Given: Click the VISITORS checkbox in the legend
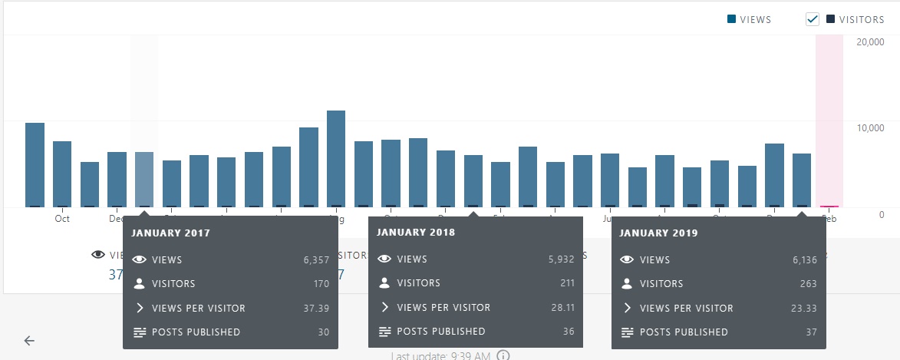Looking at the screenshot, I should pos(813,20).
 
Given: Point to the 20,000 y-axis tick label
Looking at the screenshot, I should pos(870,41).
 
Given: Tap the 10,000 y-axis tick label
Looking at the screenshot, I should pos(870,127).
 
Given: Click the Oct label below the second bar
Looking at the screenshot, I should pos(62,219).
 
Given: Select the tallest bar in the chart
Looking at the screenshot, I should pos(336,158).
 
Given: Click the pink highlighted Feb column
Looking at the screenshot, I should pos(829,123).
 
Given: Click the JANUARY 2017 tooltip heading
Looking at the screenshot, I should pos(170,233).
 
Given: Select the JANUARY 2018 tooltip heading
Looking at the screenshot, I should pos(416,232).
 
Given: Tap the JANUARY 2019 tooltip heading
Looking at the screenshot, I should pos(658,233).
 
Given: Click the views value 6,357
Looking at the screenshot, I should pos(316,260).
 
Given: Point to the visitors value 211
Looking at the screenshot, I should pos(567,283).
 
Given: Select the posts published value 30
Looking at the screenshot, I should pos(323,332).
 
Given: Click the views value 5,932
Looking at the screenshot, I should pos(562,259).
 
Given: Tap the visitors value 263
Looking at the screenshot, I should pos(809,283).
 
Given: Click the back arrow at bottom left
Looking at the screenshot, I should pos(29,341).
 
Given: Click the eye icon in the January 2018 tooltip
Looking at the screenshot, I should pos(384,259).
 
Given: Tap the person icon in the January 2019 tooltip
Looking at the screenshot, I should pos(627,284).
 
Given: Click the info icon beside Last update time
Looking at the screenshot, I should pos(503,355).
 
